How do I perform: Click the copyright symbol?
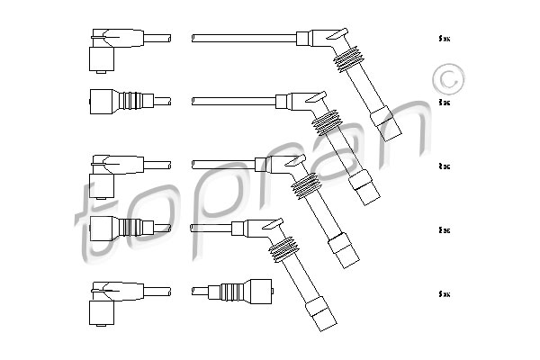pos(446,79)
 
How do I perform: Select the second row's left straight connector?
pos(112,100)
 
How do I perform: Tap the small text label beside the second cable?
pos(443,103)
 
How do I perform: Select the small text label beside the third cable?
pos(443,166)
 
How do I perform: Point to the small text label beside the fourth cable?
pos(443,230)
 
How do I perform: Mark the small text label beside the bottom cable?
pos(443,293)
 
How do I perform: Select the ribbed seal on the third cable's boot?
pos(307,184)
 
